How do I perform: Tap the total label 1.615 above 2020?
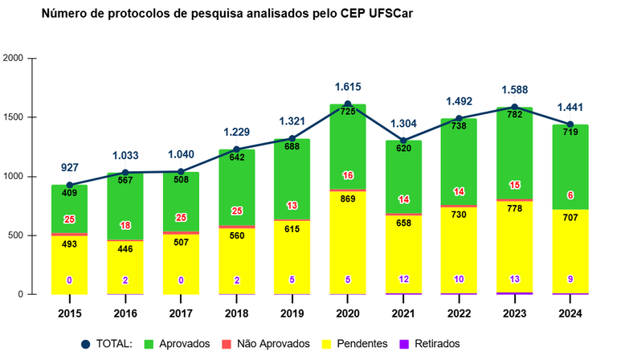(x=347, y=88)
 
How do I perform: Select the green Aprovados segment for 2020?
(x=347, y=153)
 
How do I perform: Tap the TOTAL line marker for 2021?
(x=403, y=141)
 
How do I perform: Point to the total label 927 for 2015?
(x=69, y=168)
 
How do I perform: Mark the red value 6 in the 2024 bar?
(x=570, y=195)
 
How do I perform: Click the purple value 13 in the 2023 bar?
(x=514, y=279)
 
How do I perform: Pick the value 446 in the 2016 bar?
(x=125, y=249)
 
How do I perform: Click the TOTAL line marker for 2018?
(x=236, y=149)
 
